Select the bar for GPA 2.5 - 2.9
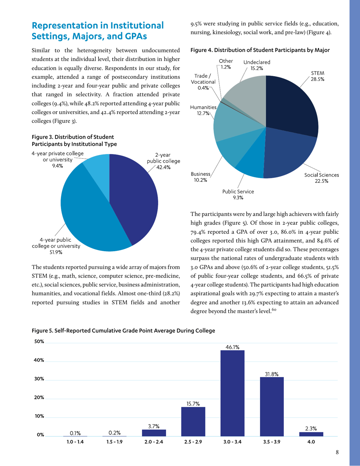coord(193,421)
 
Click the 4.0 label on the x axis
coord(311,442)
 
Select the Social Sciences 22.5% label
coord(321,178)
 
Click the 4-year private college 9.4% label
coord(57,160)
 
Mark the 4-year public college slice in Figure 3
coord(87,212)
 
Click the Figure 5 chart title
coord(123,331)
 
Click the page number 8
coord(337,452)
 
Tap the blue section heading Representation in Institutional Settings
coord(98,31)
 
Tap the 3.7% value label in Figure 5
coord(153,426)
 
